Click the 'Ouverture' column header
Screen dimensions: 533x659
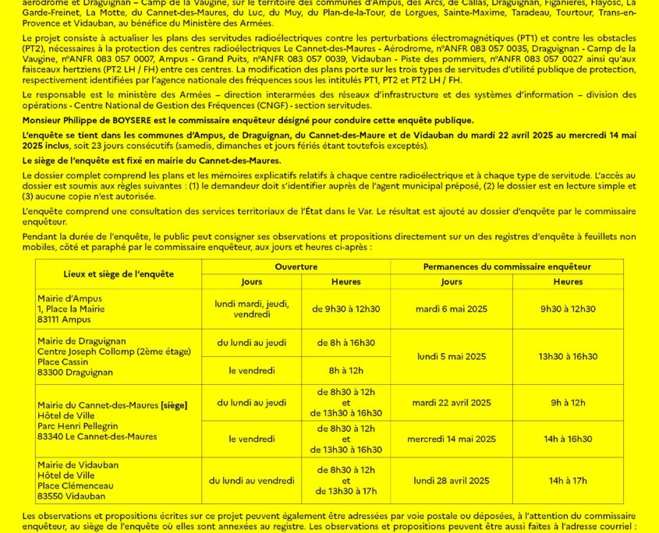pyautogui.click(x=296, y=266)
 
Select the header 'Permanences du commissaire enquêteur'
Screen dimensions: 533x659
pyautogui.click(x=507, y=266)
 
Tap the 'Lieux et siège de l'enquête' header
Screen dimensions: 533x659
pyautogui.click(x=119, y=274)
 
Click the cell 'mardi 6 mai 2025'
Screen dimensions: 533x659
pyautogui.click(x=451, y=309)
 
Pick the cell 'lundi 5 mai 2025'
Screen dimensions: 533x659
pyautogui.click(x=451, y=356)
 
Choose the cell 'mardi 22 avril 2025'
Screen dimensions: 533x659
pyautogui.click(x=451, y=403)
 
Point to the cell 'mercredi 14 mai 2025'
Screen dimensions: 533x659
pyautogui.click(x=451, y=439)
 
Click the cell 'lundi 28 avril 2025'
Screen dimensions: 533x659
pyautogui.click(x=451, y=480)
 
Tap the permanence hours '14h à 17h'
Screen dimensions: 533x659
pyautogui.click(x=568, y=480)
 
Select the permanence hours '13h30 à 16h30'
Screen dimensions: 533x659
pyautogui.click(x=568, y=356)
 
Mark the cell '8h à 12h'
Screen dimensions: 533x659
pyautogui.click(x=345, y=370)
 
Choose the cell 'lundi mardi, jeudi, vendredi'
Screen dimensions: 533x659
pyautogui.click(x=252, y=309)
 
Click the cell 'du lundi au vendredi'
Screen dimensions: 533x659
pyautogui.click(x=252, y=480)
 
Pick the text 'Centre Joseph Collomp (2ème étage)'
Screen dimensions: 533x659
pyautogui.click(x=114, y=352)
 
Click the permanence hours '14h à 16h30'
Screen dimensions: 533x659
pyautogui.click(x=568, y=439)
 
